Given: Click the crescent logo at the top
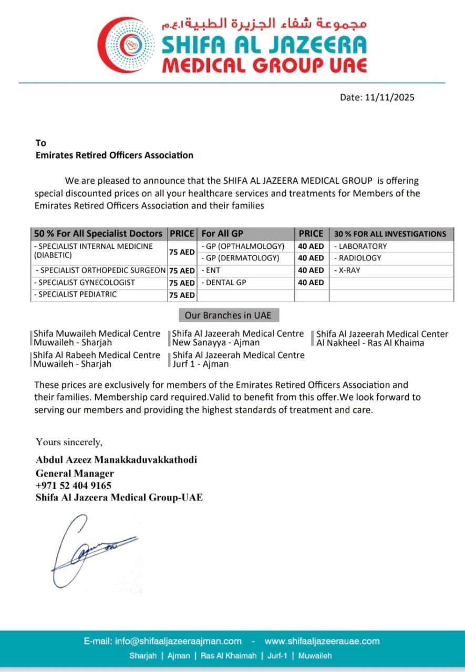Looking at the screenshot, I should (x=126, y=45).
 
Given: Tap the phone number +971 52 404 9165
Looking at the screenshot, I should (x=74, y=486).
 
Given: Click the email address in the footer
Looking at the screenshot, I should (x=163, y=641).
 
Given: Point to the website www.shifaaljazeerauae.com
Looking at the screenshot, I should (x=322, y=641).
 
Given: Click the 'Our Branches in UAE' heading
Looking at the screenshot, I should (x=229, y=316).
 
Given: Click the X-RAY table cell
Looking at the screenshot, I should (x=349, y=270).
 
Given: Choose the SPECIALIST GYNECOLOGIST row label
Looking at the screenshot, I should (x=84, y=282).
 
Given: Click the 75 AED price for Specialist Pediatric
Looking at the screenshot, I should (x=181, y=295).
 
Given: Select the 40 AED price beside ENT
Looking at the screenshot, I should (x=311, y=270).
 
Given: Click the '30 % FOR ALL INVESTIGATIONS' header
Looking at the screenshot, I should (x=390, y=234).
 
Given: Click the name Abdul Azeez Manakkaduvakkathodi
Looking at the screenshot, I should (x=117, y=460).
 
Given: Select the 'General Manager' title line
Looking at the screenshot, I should (x=75, y=473).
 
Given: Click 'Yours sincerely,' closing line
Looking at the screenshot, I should (x=69, y=442).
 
